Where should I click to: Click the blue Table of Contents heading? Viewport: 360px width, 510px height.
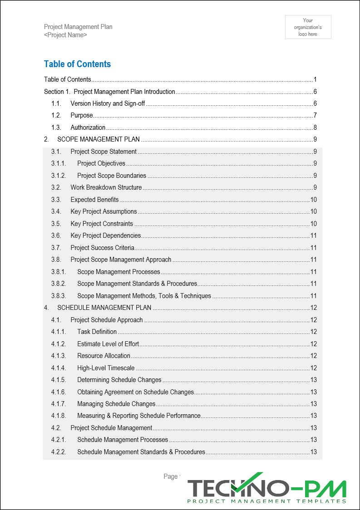point(77,64)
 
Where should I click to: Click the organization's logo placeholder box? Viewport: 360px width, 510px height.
point(308,27)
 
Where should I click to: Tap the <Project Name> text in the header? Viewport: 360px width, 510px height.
point(65,35)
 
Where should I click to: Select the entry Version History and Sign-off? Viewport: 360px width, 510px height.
point(108,103)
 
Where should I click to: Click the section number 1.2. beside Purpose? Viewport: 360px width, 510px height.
point(57,115)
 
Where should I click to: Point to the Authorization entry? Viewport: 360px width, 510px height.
point(88,127)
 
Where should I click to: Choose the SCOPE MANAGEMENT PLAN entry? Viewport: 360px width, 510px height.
point(99,139)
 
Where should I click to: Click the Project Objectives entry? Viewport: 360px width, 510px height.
point(101,163)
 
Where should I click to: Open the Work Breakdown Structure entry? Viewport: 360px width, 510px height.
point(106,187)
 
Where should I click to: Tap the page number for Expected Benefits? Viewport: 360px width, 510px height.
point(313,200)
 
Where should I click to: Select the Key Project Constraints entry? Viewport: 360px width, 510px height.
point(102,224)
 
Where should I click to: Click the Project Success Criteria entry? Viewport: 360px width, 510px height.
point(102,248)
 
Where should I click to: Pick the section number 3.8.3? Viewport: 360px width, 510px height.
point(59,296)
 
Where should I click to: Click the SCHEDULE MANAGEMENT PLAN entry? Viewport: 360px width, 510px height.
point(104,308)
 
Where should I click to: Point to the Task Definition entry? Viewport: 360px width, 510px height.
point(97,332)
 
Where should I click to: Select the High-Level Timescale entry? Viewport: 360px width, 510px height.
point(106,368)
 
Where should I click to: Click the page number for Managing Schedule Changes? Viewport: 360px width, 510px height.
point(313,404)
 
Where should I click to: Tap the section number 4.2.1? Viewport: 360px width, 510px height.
point(59,440)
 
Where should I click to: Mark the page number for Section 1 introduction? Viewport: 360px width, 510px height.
point(315,92)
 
